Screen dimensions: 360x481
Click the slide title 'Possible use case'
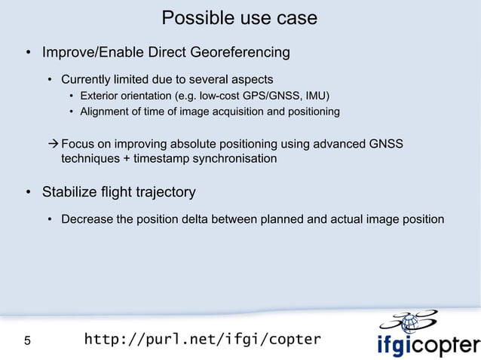[x=240, y=17]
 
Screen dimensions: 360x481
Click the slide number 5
[x=28, y=340]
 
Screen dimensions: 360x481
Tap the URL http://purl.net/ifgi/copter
[x=202, y=339]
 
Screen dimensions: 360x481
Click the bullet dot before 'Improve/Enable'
[x=28, y=53]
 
